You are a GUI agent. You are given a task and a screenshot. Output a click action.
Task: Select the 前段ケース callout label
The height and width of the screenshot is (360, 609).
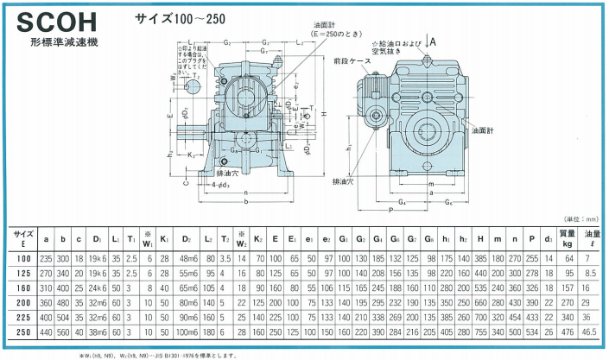pos(351,61)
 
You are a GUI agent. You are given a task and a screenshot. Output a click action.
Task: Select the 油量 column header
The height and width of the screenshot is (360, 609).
pos(593,237)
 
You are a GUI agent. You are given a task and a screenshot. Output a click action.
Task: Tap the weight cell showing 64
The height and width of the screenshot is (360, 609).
pos(568,256)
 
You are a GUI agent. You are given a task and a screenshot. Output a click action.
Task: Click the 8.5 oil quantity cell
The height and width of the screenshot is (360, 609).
pos(593,272)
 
